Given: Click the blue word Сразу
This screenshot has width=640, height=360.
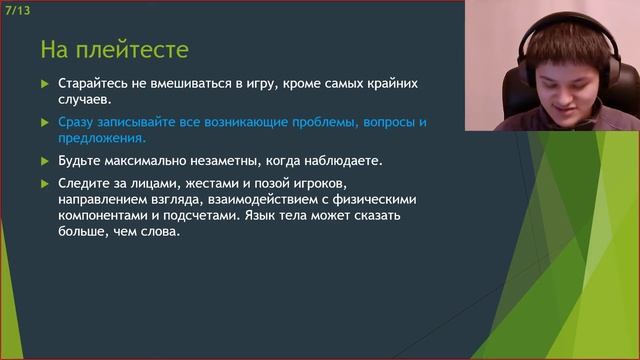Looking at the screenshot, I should (x=79, y=122).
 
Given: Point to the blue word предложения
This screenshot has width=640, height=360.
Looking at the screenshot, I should (x=103, y=139).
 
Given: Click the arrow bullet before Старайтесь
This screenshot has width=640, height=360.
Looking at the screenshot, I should (x=43, y=84).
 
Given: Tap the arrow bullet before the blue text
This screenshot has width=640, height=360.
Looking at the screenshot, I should (x=43, y=122).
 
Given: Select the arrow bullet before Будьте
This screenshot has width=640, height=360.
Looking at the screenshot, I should (x=43, y=160).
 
